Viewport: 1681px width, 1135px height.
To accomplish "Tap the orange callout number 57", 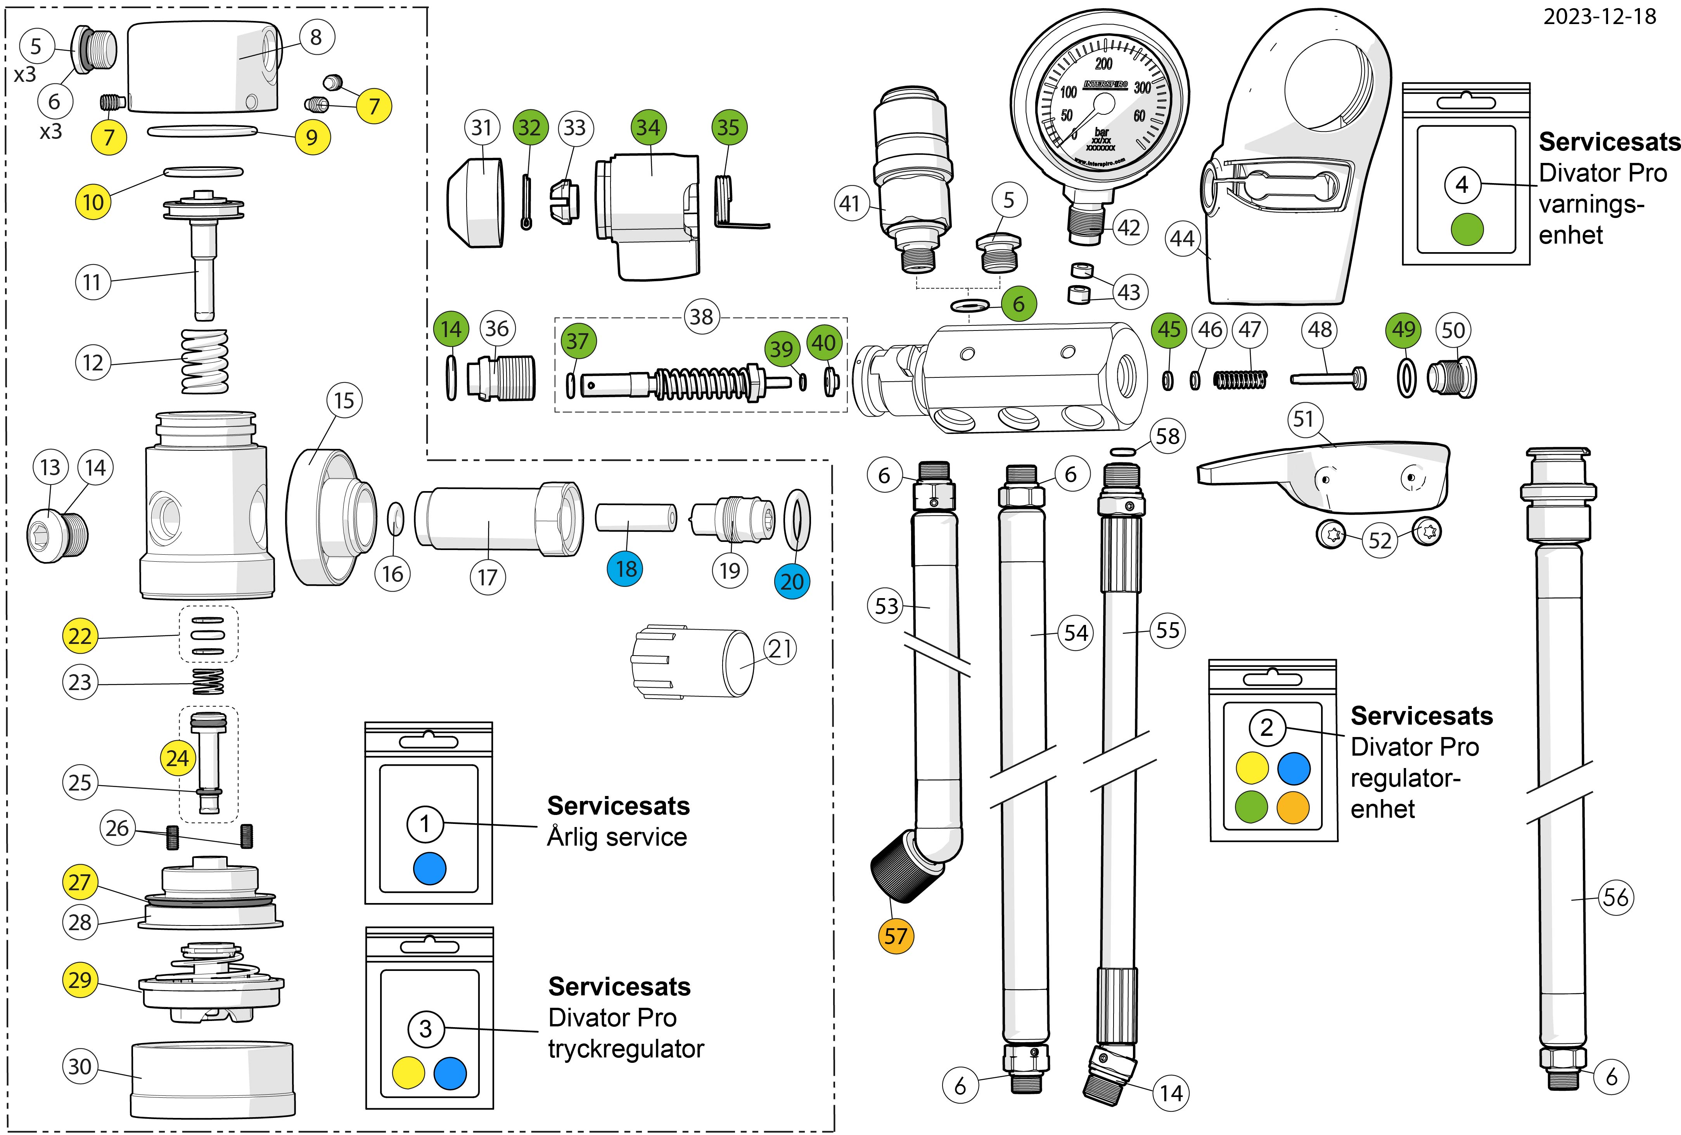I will tap(896, 936).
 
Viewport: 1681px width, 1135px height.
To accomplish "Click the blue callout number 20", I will tap(792, 581).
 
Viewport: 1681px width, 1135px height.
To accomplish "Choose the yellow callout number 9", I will tap(312, 137).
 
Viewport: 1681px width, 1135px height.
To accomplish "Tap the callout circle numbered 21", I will tap(780, 649).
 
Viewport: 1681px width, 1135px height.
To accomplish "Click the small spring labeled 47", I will tap(1240, 379).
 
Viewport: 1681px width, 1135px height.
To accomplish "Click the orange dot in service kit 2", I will tap(1293, 806).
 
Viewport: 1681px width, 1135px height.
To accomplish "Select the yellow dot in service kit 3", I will tap(408, 1073).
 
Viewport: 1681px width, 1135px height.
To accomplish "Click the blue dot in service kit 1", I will tap(430, 869).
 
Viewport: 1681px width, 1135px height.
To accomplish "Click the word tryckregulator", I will tap(626, 1049).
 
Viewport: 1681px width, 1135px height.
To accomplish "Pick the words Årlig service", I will tap(616, 837).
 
